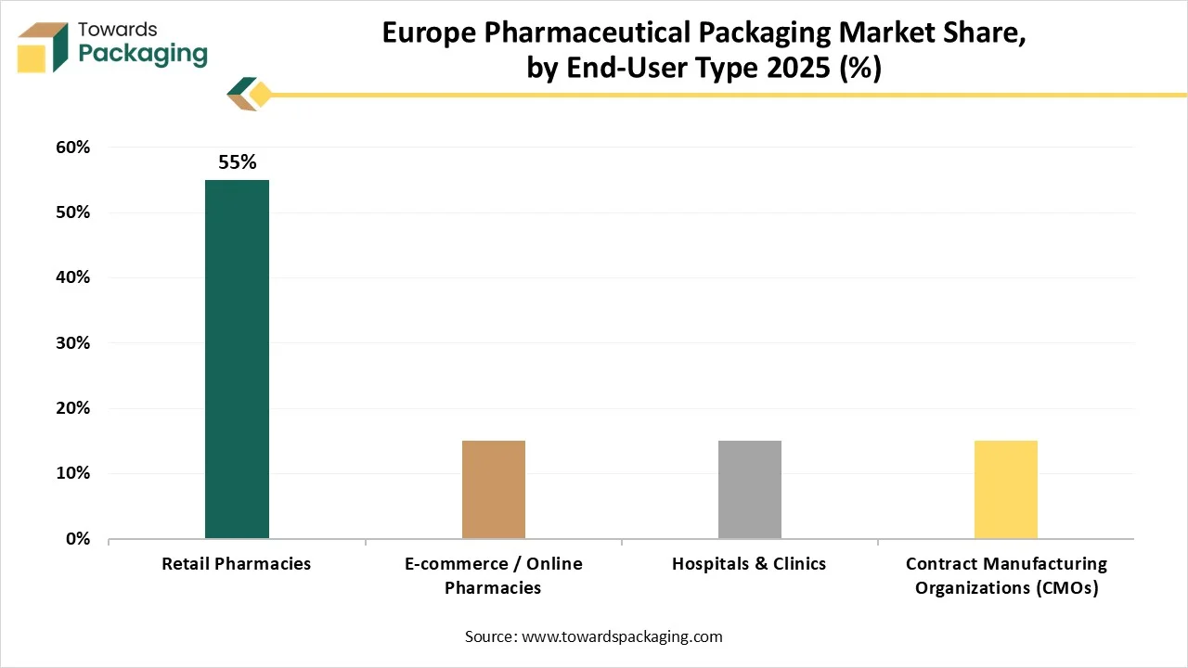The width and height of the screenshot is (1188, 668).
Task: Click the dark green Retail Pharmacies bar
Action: [x=237, y=359]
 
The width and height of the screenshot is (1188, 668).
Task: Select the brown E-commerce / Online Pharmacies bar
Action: [x=493, y=489]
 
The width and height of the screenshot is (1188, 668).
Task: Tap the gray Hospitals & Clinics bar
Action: [x=749, y=489]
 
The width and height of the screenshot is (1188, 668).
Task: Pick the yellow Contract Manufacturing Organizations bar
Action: [x=1005, y=489]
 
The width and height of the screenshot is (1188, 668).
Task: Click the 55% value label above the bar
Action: [x=237, y=162]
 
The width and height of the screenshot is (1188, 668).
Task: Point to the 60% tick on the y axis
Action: [x=71, y=147]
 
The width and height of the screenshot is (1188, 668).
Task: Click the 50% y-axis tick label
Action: [x=71, y=212]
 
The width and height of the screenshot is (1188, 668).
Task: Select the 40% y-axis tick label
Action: [x=71, y=277]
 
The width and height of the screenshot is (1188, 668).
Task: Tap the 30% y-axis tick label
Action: [x=71, y=342]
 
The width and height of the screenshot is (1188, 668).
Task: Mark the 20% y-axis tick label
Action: [x=71, y=408]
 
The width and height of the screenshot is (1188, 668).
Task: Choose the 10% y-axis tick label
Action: [x=71, y=473]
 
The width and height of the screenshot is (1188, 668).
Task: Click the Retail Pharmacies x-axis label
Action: [x=237, y=563]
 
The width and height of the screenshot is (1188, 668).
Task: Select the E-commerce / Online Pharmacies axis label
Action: [x=493, y=575]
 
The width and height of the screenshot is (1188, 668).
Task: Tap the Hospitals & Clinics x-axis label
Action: [x=749, y=563]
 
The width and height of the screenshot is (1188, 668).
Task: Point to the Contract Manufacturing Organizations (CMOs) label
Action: [x=1006, y=575]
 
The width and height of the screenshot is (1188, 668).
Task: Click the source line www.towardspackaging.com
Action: [x=594, y=636]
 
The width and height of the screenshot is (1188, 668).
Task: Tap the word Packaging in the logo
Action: [x=142, y=54]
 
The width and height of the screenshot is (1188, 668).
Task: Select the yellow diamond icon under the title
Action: [x=260, y=95]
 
